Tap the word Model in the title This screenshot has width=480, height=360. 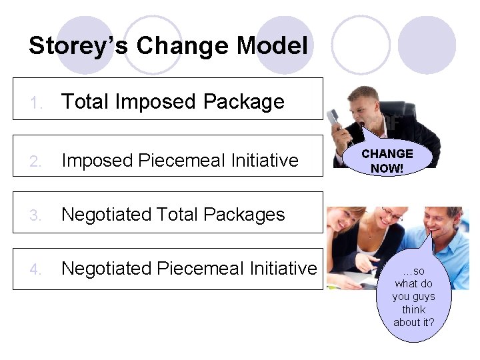tap(271, 46)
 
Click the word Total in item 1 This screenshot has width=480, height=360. tap(86, 101)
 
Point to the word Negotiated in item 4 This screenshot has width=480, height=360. tap(107, 268)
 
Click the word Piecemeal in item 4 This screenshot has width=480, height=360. tap(199, 268)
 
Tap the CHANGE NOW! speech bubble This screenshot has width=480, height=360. tap(387, 161)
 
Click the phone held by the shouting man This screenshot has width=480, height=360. tap(335, 119)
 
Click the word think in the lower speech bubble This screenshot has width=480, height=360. tap(413, 309)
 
